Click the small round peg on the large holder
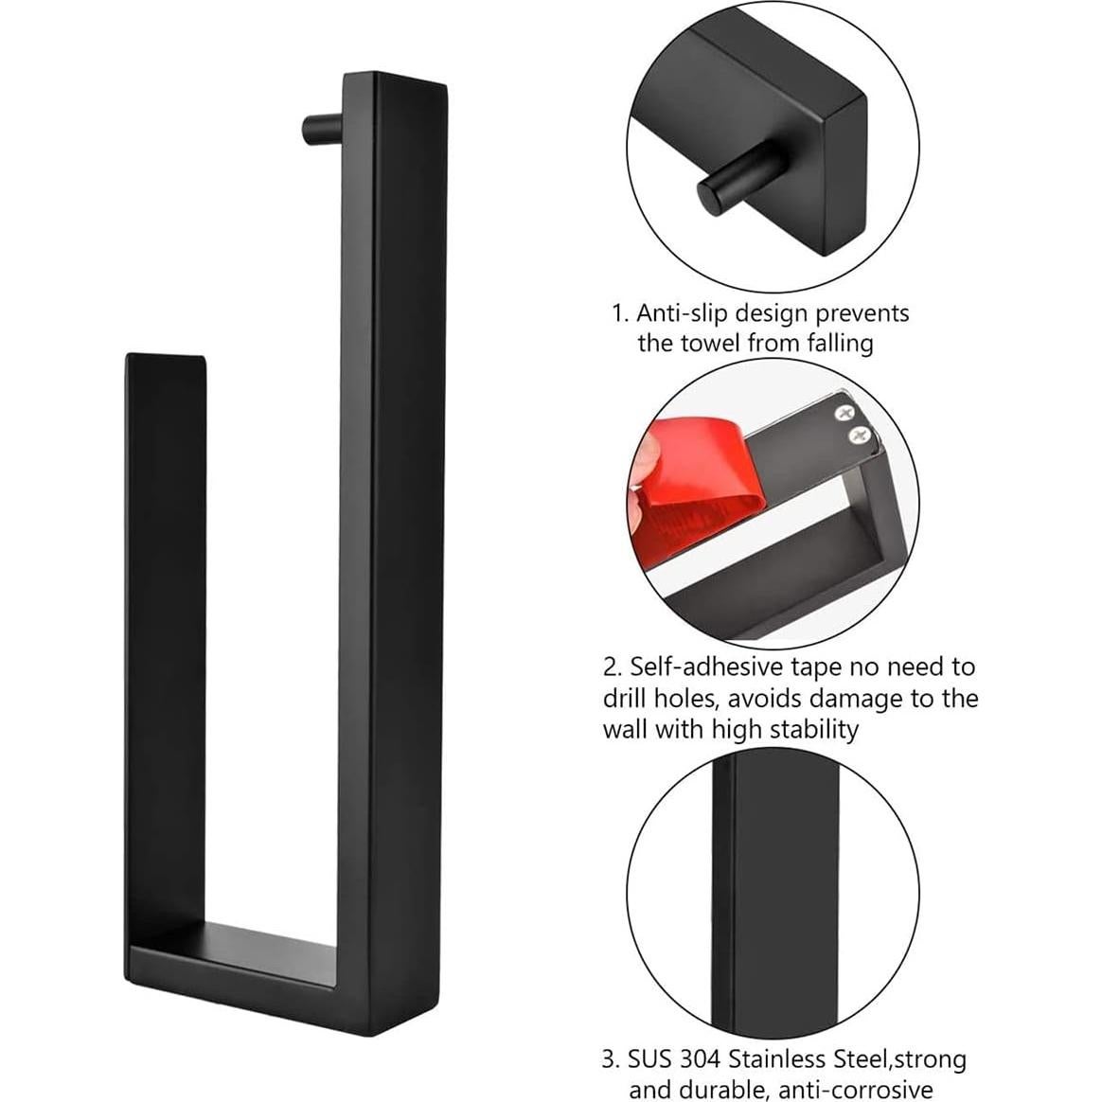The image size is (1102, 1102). pos(318,129)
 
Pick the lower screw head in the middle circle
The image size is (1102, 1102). pos(859,435)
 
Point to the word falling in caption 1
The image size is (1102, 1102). pos(839,343)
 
